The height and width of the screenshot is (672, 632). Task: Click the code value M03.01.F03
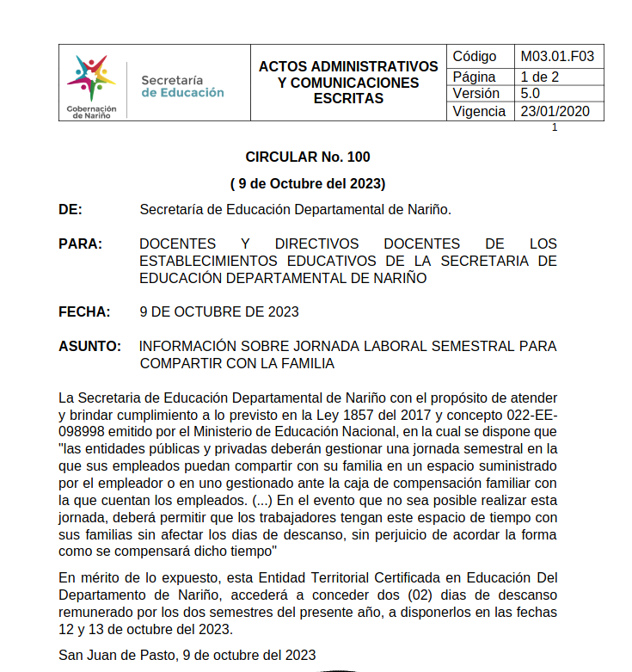pos(557,57)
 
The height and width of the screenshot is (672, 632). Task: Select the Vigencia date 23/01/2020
pos(555,111)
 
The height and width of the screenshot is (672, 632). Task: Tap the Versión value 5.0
pos(531,93)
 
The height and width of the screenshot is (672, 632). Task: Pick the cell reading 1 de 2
pos(540,76)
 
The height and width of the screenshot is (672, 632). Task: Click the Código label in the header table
pos(474,57)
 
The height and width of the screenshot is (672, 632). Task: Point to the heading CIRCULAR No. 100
pos(308,157)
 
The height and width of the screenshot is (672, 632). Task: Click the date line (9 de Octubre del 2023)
pos(308,183)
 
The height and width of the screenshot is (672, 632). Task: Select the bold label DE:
pos(71,210)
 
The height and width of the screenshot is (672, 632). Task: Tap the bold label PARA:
pos(80,244)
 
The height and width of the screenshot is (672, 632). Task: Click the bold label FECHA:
pos(84,311)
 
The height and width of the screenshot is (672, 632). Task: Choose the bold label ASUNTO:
pos(89,346)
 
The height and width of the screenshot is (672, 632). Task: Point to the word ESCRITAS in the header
pos(348,99)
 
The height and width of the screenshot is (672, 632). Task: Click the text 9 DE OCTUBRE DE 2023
pos(219,311)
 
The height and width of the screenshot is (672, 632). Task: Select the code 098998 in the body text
pos(90,431)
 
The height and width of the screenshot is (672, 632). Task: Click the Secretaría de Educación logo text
pos(181,85)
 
